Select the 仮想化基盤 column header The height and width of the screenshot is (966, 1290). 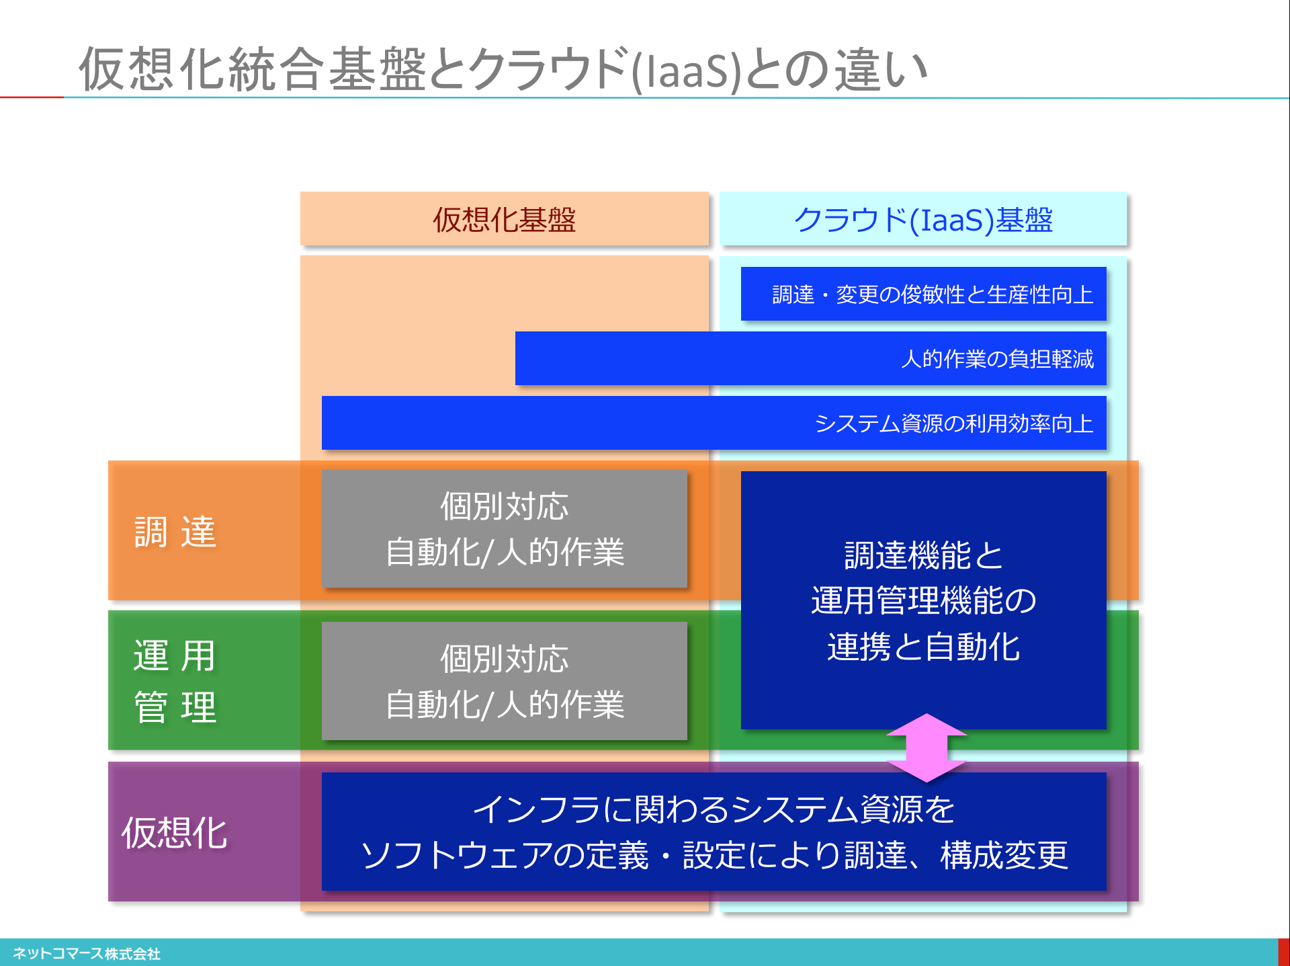tap(504, 219)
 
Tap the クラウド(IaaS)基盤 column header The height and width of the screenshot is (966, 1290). tap(922, 219)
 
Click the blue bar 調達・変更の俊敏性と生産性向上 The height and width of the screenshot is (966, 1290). tap(923, 294)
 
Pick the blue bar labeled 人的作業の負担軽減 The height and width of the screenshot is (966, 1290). tap(810, 358)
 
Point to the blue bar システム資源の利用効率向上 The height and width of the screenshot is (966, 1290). tap(714, 423)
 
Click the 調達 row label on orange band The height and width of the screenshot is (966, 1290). tap(175, 532)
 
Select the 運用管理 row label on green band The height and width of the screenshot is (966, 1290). tap(175, 681)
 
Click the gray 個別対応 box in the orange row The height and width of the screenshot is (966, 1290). tap(504, 529)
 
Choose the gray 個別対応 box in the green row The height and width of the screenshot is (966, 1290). tap(504, 681)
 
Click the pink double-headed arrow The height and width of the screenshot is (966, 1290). tap(927, 748)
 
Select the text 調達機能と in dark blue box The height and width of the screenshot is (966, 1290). tap(923, 555)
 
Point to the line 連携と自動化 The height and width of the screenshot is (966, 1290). tap(923, 647)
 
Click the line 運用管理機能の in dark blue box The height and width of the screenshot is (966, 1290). tap(923, 600)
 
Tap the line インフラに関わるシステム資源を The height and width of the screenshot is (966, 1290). tap(714, 809)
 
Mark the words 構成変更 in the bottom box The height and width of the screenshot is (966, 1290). tap(1004, 855)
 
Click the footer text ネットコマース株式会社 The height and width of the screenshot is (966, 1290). tap(87, 953)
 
